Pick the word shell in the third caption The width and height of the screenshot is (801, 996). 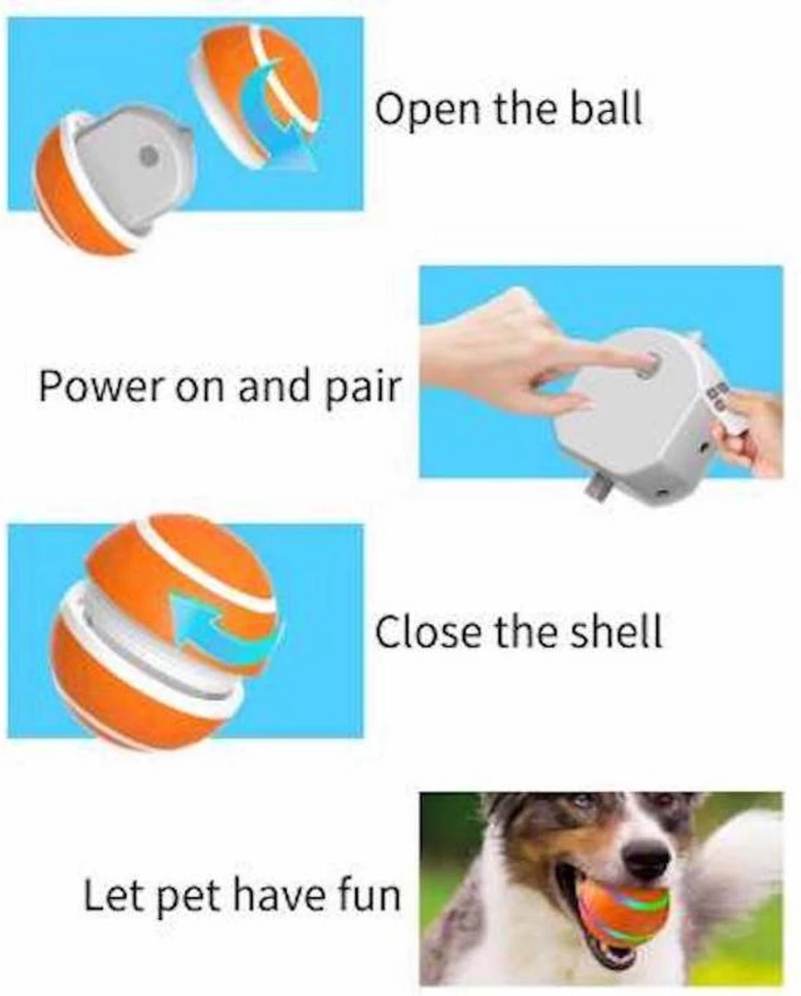click(618, 632)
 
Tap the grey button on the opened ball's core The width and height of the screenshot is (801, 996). click(148, 155)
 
